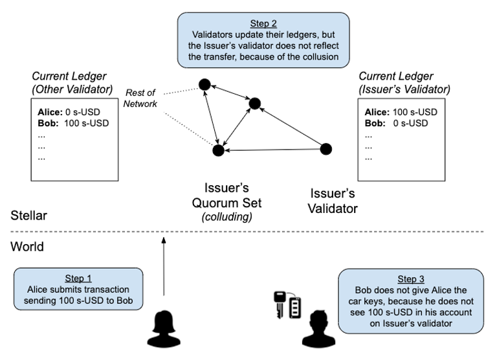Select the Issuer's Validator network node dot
(326, 149)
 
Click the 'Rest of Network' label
(141, 98)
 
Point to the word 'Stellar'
(28, 214)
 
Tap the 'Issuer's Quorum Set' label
(226, 196)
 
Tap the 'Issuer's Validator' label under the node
(332, 201)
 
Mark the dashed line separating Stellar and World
(248, 232)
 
